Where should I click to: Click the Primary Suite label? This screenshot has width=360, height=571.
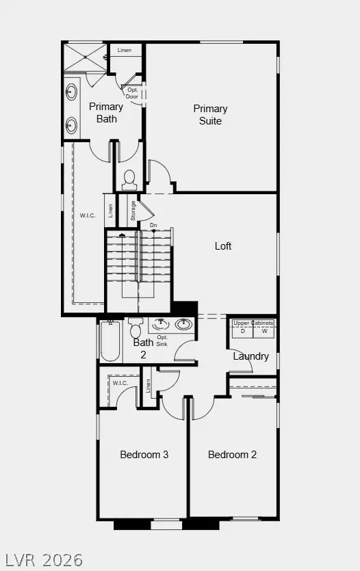(210, 115)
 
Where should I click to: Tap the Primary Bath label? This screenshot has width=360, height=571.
(106, 113)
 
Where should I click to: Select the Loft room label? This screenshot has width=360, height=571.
(223, 246)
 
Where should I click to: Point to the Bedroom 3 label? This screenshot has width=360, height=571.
(144, 455)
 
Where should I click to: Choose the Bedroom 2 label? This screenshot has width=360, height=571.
(233, 455)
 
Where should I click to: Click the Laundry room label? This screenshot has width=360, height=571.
(250, 356)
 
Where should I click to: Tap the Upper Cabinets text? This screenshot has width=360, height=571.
(253, 323)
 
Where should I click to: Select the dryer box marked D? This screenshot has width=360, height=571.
(242, 332)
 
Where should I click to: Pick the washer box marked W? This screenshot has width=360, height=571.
(264, 332)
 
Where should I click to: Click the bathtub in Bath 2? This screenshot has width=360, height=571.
(110, 341)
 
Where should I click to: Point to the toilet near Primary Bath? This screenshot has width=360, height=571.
(129, 180)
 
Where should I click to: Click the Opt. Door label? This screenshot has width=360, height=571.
(133, 94)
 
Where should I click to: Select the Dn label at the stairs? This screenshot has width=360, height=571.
(153, 224)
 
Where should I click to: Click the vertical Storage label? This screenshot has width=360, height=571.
(133, 210)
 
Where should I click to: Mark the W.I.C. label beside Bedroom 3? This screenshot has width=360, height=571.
(120, 383)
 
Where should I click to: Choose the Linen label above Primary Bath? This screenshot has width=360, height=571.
(124, 51)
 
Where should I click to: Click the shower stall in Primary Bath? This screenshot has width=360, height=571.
(85, 57)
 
